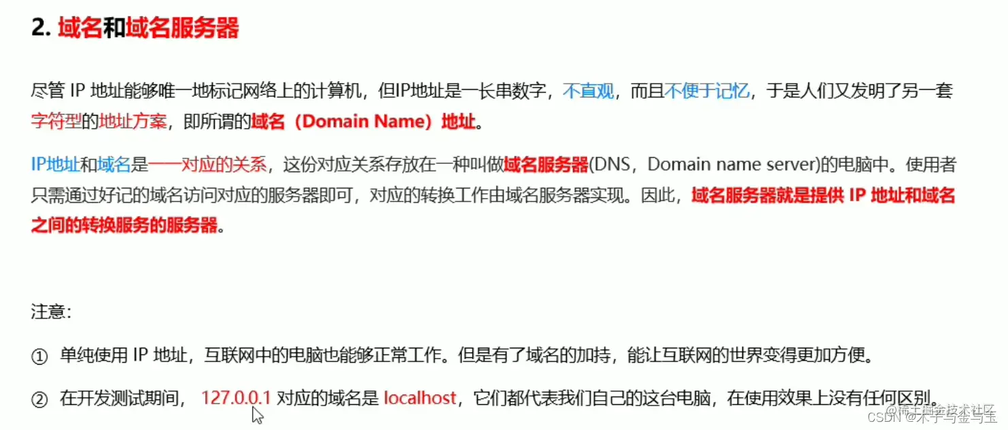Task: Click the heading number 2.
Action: point(40,29)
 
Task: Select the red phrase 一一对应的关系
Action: point(207,165)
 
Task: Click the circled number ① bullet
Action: point(40,357)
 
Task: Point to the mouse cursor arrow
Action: point(257,415)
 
